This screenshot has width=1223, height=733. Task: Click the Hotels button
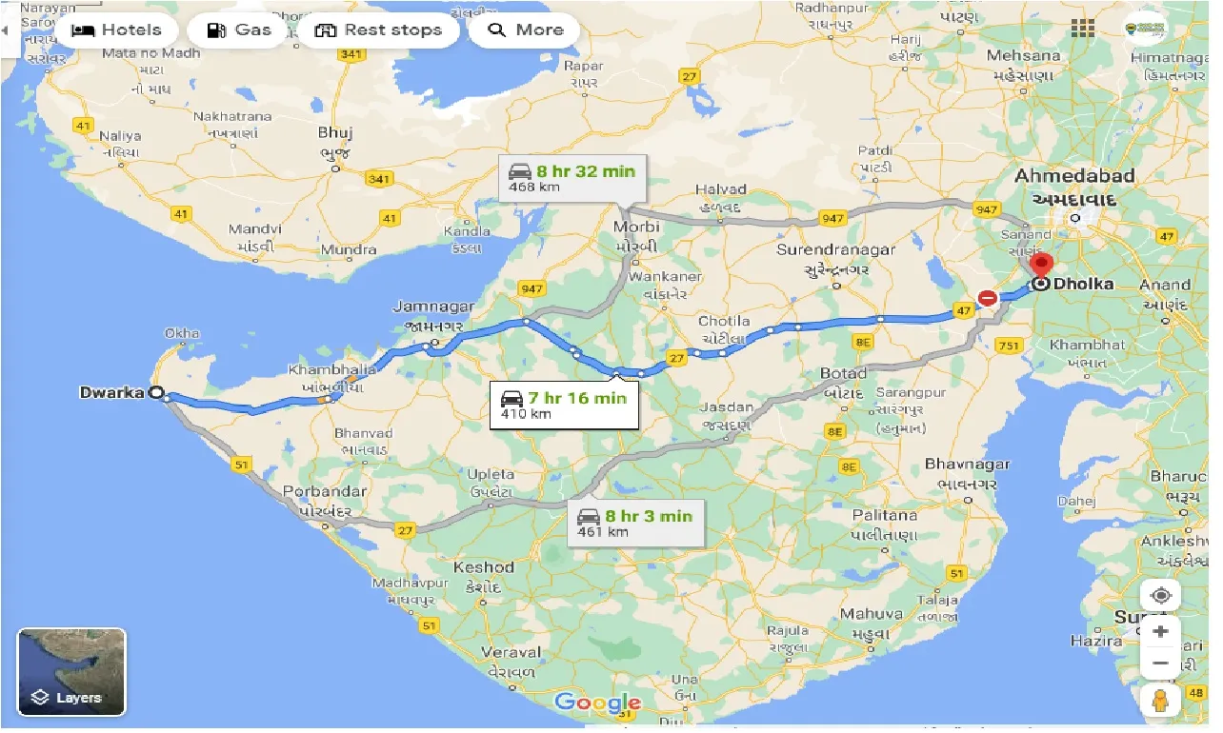pos(116,30)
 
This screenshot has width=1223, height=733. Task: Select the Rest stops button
pos(378,30)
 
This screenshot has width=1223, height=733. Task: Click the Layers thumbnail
pos(71,671)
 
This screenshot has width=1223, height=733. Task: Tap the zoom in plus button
pos(1159,632)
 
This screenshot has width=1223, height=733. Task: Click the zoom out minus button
pos(1159,664)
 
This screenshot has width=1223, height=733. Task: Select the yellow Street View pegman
pos(1159,702)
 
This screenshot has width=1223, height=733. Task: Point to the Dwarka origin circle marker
pos(156,392)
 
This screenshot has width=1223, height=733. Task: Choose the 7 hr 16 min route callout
pos(563,405)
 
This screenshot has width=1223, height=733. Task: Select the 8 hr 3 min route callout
pos(634,523)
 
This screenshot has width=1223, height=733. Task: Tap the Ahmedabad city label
pos(1074,176)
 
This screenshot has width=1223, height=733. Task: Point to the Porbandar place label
pos(331,492)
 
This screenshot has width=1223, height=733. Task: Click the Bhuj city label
pos(336,133)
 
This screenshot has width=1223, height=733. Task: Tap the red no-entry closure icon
pos(988,298)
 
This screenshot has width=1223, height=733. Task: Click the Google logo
pos(597,703)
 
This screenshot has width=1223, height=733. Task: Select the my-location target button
pos(1159,596)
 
